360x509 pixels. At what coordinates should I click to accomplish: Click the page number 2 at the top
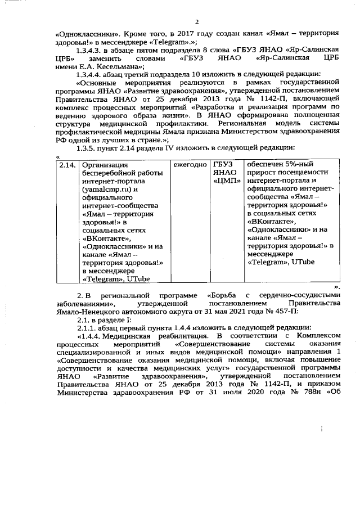pyautogui.click(x=197, y=22)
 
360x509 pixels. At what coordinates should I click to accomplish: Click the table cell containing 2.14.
pyautogui.click(x=67, y=165)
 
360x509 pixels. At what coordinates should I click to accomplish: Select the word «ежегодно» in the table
pyautogui.click(x=190, y=165)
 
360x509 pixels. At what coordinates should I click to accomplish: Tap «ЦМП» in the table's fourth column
pyautogui.click(x=227, y=181)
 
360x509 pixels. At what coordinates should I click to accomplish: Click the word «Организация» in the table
pyautogui.click(x=105, y=165)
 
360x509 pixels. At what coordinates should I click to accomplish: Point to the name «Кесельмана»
pyautogui.click(x=120, y=66)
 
